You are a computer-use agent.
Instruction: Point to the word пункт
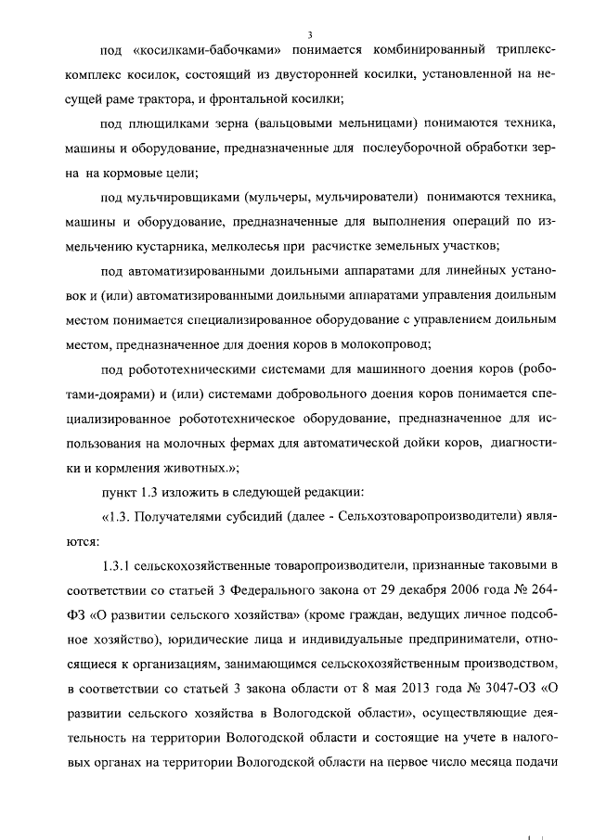[119, 491]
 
